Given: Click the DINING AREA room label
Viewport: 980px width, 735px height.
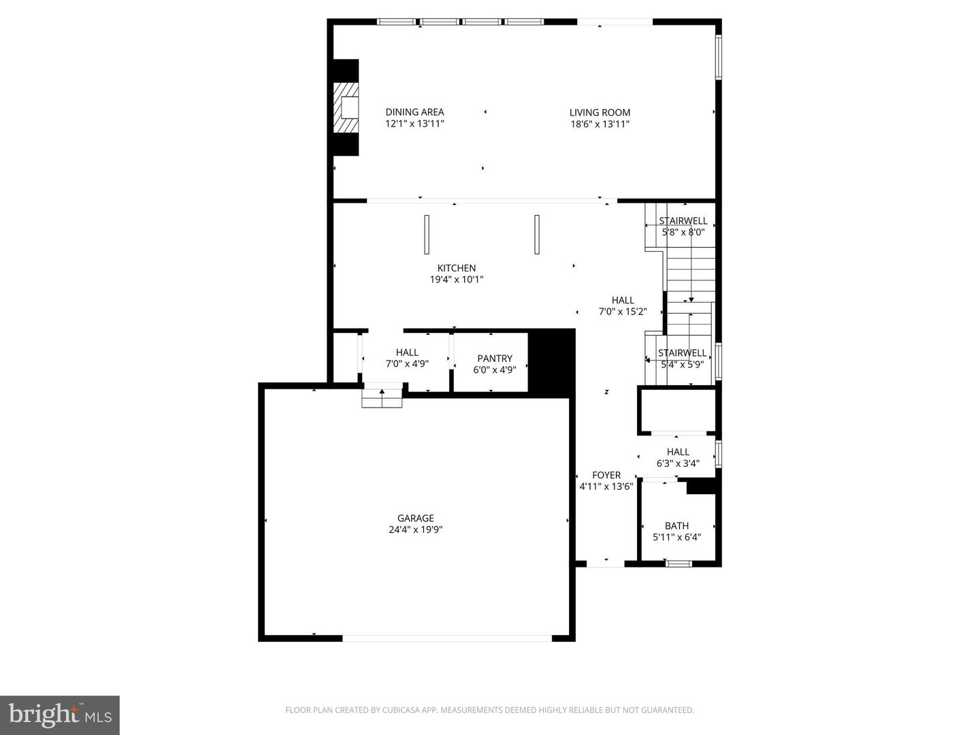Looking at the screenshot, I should pos(414,112).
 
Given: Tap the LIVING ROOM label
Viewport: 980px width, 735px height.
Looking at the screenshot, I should pos(600,112).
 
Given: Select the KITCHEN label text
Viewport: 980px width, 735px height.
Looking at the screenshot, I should pos(456,268).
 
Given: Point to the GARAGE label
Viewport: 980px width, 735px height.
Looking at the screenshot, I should pos(415,518).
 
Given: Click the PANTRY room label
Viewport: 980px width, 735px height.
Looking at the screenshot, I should pos(495,358).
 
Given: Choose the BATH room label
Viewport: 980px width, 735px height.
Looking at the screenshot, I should pos(676,525).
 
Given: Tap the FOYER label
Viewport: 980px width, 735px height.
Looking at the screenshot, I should pos(606,475).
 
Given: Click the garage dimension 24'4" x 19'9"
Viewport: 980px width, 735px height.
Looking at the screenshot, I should pos(415,529).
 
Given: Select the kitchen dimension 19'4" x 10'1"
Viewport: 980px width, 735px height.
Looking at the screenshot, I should pos(456,280).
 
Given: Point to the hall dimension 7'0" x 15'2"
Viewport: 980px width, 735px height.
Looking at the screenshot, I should pos(622,312).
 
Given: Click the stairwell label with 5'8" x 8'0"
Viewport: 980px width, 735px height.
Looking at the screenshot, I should pos(683,220).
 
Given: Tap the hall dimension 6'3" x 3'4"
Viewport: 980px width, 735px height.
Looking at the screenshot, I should pos(678,463).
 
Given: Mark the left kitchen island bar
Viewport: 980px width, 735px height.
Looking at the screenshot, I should pos(427,235).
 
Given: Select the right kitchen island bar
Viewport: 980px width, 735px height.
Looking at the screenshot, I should pos(537,235).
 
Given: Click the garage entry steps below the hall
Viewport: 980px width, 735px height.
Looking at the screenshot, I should pos(382,397).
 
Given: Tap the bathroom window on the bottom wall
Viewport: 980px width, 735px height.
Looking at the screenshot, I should pos(678,563).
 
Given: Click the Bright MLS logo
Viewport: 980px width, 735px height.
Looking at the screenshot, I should pos(60,715).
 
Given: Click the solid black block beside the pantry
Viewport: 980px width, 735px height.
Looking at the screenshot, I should pos(551,362).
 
